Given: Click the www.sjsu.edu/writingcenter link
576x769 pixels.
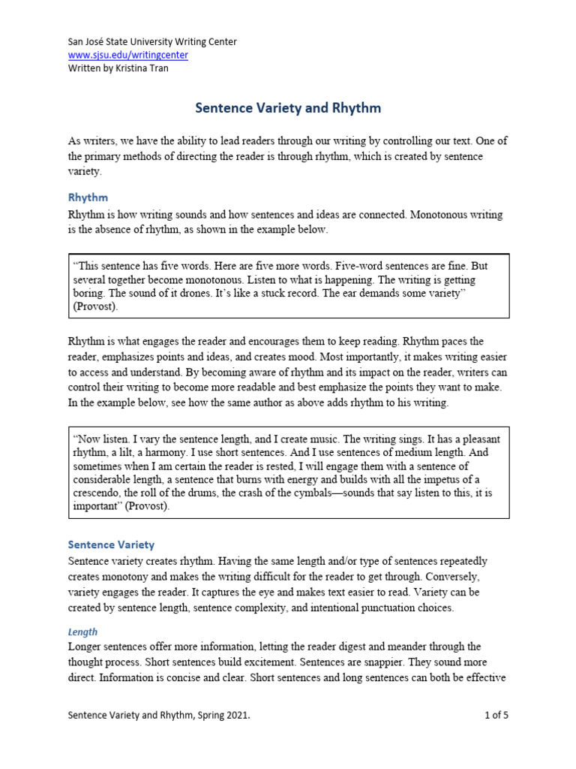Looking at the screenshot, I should (128, 55).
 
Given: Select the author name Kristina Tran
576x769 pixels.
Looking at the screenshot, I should (143, 68).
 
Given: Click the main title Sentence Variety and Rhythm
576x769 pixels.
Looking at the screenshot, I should (288, 108).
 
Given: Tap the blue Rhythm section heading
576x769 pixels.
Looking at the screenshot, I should (88, 198).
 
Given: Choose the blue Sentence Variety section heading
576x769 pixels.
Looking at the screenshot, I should (111, 544).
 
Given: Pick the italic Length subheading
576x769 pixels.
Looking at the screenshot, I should (82, 632).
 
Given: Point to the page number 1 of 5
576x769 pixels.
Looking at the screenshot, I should (496, 716).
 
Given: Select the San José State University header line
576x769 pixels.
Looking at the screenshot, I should (152, 42).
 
